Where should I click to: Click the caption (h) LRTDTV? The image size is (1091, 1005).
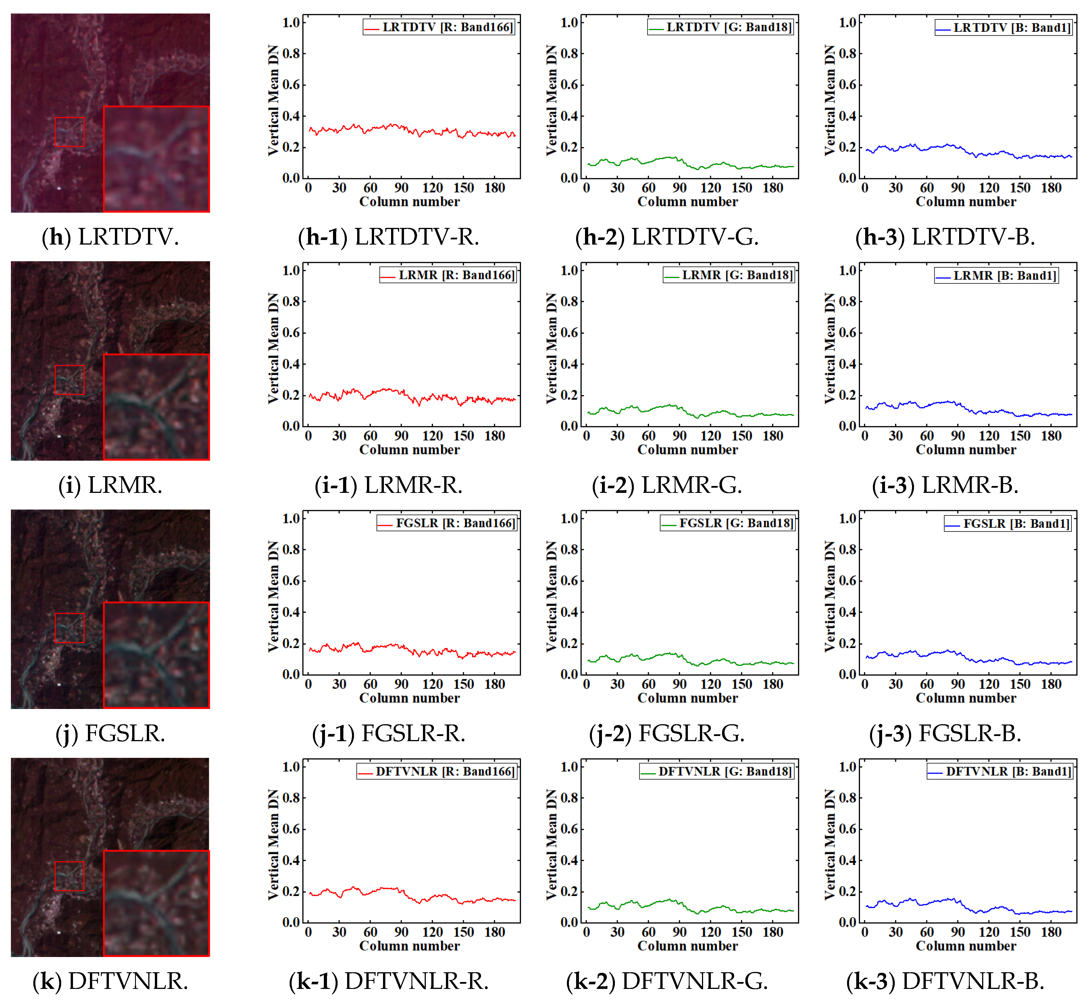tap(110, 237)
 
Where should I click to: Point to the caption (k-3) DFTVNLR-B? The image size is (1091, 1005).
tap(945, 982)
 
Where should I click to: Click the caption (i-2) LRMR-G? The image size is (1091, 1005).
tap(667, 485)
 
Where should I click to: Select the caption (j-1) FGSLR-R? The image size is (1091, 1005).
tap(389, 734)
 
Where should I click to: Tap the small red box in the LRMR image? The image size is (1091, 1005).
tap(70, 380)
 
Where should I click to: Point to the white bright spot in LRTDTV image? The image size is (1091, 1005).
tap(59, 188)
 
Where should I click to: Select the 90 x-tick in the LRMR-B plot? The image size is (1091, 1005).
tap(958, 436)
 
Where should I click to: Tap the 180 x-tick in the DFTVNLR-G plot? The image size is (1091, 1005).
tap(772, 932)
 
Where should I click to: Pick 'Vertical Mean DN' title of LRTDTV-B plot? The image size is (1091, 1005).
tap(830, 101)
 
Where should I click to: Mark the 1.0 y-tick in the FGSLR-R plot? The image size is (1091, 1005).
tap(291, 519)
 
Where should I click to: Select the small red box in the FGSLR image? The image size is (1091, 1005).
tap(70, 628)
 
